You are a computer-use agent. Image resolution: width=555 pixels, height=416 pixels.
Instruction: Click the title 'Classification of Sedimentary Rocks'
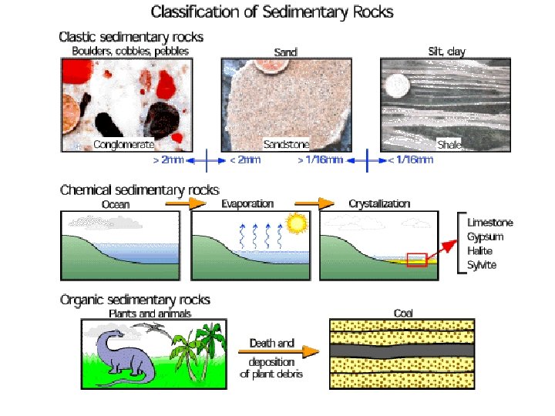pyautogui.click(x=271, y=12)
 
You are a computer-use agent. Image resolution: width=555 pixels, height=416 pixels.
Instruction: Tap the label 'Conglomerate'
pyautogui.click(x=123, y=144)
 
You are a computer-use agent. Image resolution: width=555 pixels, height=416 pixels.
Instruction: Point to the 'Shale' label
pyautogui.click(x=448, y=144)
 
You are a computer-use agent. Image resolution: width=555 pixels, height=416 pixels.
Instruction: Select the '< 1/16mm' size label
pyautogui.click(x=410, y=161)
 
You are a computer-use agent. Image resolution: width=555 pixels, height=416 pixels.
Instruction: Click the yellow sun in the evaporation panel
pyautogui.click(x=294, y=224)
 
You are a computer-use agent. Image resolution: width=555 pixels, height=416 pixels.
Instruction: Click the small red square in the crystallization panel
pyautogui.click(x=416, y=259)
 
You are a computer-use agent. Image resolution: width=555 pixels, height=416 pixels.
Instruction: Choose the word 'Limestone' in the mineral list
pyautogui.click(x=490, y=223)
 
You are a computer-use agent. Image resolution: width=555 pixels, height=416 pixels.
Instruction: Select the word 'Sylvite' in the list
pyautogui.click(x=482, y=265)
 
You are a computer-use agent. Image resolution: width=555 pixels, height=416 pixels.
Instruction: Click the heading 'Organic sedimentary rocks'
pyautogui.click(x=135, y=300)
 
